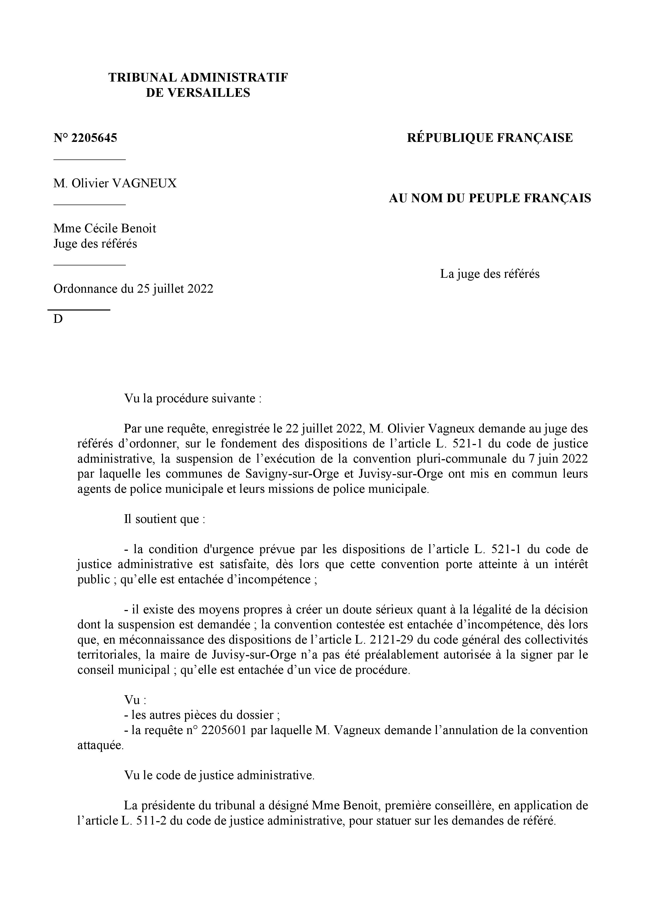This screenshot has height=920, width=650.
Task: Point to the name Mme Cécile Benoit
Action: pos(105,228)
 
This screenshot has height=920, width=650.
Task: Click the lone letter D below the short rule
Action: pos(58,319)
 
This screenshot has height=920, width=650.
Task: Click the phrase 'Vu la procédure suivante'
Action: pos(192,399)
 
